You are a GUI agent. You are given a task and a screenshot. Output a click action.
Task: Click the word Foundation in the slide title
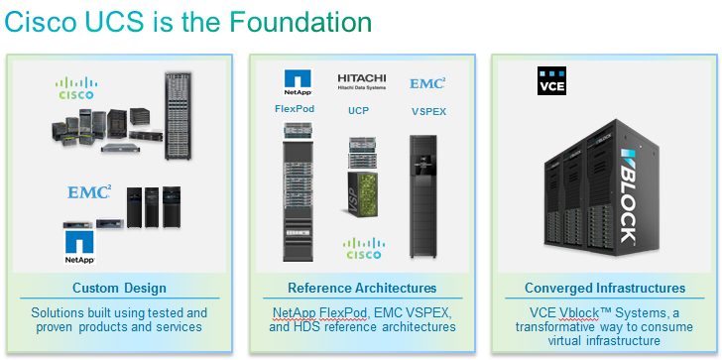click(x=301, y=22)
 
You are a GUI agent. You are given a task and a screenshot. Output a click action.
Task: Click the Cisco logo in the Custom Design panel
click(x=76, y=88)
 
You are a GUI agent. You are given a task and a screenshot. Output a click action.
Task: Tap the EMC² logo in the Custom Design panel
click(x=89, y=192)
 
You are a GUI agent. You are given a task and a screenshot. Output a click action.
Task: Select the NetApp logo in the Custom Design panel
click(x=79, y=247)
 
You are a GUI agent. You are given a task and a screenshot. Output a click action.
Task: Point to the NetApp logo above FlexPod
click(x=298, y=82)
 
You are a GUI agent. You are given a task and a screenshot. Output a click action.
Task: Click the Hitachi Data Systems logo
click(x=361, y=81)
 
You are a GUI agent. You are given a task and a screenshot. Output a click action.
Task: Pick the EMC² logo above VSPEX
click(x=427, y=83)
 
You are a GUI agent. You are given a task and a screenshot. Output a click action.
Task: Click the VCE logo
click(x=551, y=81)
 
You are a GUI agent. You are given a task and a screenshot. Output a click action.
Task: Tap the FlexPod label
click(x=295, y=109)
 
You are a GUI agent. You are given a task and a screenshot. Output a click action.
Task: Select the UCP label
click(x=358, y=110)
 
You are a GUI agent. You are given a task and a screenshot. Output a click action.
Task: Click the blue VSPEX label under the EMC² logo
click(x=428, y=111)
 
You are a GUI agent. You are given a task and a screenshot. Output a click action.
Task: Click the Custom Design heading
click(x=119, y=289)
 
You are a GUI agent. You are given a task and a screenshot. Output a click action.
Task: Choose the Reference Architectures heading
click(x=362, y=289)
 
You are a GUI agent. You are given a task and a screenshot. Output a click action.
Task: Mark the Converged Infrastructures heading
click(x=605, y=289)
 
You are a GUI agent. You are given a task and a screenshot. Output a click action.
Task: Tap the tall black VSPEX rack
click(x=423, y=196)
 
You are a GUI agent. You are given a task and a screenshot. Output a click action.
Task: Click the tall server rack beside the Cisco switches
click(x=179, y=116)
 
